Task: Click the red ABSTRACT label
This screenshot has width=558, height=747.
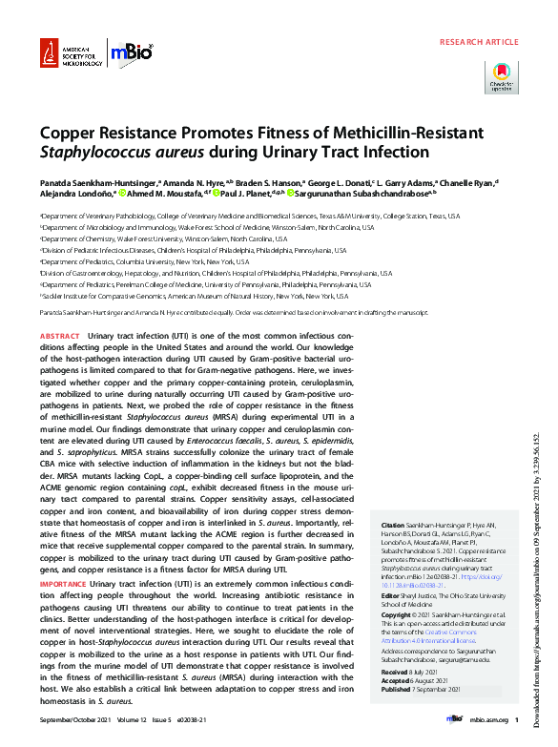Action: [x=59, y=338]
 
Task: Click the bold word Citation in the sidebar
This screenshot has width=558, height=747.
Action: [x=393, y=526]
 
